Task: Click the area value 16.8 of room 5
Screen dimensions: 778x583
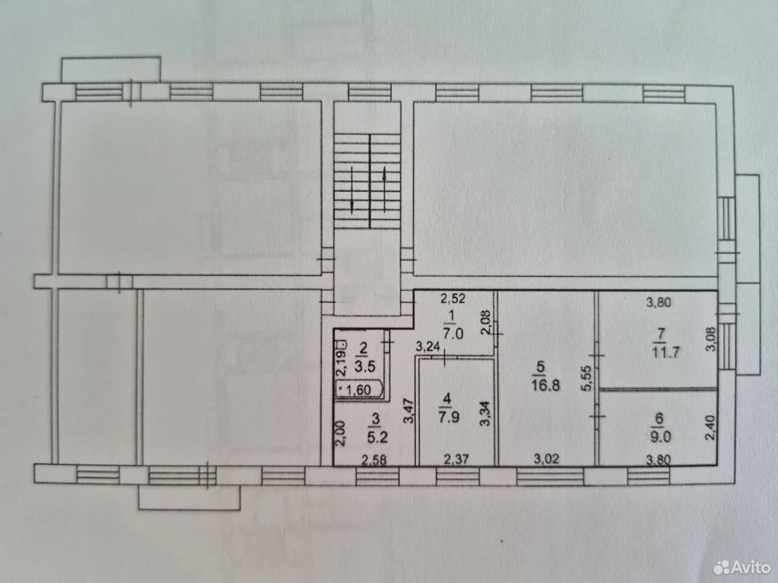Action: coord(546,386)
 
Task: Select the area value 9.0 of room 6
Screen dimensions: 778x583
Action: coord(660,437)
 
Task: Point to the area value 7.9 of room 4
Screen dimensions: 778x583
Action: coord(449,417)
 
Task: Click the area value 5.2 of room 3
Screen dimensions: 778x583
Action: coord(377,437)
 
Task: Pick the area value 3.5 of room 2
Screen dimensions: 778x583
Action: coord(365,366)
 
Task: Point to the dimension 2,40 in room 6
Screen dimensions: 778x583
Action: coord(710,428)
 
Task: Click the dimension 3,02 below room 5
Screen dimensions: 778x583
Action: coord(546,460)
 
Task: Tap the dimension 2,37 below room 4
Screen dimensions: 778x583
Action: coord(456,460)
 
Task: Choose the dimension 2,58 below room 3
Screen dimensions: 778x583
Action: coord(374,460)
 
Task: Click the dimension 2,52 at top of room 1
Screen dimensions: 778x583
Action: coord(452,299)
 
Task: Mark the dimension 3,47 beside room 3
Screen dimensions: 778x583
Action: coord(409,411)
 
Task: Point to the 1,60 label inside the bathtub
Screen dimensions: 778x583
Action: coord(359,390)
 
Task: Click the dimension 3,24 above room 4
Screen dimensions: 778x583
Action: coord(428,347)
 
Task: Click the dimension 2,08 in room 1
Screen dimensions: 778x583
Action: coord(485,322)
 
